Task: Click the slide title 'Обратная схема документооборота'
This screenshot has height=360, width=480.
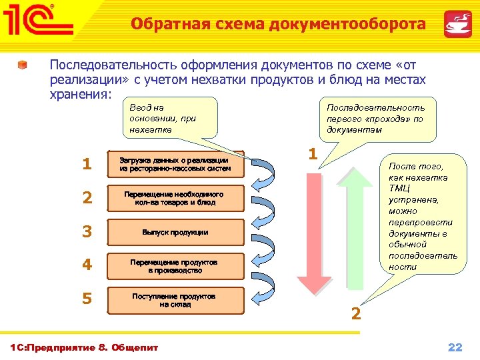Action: (278, 25)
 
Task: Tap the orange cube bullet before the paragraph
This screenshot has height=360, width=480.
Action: (23, 65)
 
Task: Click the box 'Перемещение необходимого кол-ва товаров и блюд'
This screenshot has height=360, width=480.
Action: (175, 198)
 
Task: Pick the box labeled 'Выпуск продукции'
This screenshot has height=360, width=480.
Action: (175, 232)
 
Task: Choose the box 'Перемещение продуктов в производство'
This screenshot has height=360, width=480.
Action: (175, 266)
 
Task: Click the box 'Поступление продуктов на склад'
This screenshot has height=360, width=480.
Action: (175, 299)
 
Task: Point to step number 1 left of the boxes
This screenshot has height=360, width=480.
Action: (86, 164)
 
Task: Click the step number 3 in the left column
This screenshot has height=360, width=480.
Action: (86, 232)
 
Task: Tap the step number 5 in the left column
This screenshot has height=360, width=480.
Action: (86, 299)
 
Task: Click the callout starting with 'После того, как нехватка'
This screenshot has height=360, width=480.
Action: (422, 217)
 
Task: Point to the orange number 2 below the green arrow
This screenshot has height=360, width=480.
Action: (356, 313)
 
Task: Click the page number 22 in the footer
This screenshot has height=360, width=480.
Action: (455, 347)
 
